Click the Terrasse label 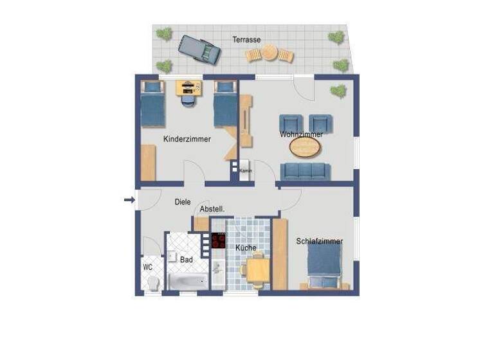coord(247,39)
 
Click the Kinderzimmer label coord(187,139)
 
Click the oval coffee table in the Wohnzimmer coord(305,148)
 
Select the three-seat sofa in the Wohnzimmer coord(305,170)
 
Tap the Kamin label coord(245,171)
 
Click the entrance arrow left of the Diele coord(129,201)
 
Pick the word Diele coord(183,202)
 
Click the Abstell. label coord(212,210)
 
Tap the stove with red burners coord(219,240)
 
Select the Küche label coord(246,248)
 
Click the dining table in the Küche coord(257,270)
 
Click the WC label coord(148,267)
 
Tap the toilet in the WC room coord(153,283)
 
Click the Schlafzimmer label coord(319,242)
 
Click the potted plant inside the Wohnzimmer coord(338,90)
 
